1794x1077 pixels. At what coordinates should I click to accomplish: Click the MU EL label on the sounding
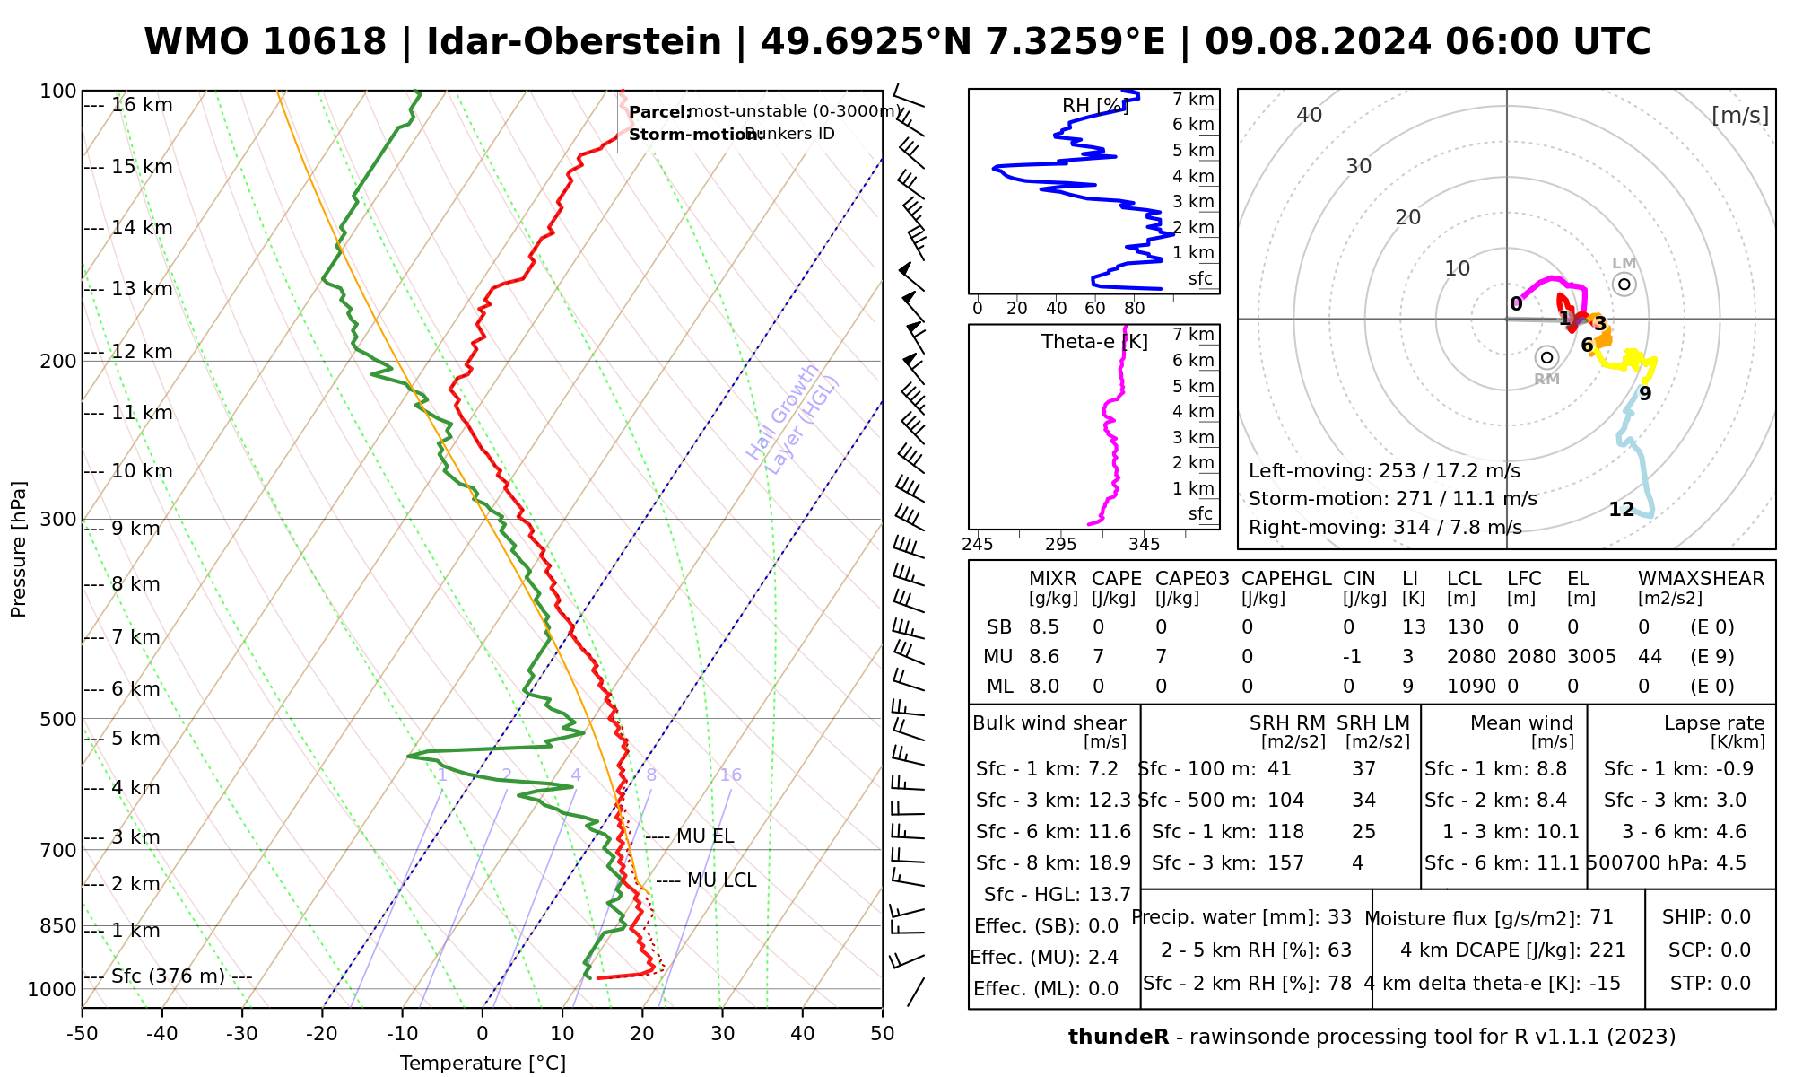pyautogui.click(x=704, y=836)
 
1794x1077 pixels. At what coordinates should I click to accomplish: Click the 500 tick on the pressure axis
pyautogui.click(x=58, y=719)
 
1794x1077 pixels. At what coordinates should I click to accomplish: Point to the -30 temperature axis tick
pyautogui.click(x=242, y=1034)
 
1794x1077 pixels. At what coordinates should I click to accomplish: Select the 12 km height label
pyautogui.click(x=142, y=352)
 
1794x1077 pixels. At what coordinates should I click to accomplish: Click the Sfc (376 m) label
pyautogui.click(x=168, y=976)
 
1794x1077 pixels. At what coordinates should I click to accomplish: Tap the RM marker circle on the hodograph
pyautogui.click(x=1546, y=357)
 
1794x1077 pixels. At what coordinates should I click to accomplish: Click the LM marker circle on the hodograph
pyautogui.click(x=1624, y=285)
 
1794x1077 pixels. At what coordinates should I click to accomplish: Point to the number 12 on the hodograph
pyautogui.click(x=1621, y=510)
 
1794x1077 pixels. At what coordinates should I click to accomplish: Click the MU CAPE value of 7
pyautogui.click(x=1098, y=657)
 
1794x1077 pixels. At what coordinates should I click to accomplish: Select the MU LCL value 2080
pyautogui.click(x=1471, y=657)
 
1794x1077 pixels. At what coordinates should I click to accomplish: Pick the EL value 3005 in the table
pyautogui.click(x=1591, y=657)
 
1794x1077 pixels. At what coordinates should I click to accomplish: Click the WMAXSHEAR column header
pyautogui.click(x=1701, y=579)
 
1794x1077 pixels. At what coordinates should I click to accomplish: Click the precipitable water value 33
pyautogui.click(x=1339, y=917)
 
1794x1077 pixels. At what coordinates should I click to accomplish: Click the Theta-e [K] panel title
pyautogui.click(x=1094, y=342)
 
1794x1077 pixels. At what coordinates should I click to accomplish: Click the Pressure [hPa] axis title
pyautogui.click(x=19, y=549)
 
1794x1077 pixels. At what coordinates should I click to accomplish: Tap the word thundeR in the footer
pyautogui.click(x=1118, y=1038)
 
